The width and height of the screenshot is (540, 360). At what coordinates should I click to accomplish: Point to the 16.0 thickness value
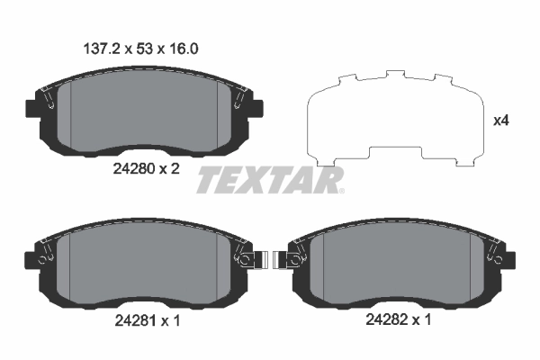(x=186, y=51)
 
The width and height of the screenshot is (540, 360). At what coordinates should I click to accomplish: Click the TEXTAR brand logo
(x=270, y=180)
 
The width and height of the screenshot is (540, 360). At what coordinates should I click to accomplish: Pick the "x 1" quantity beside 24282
(x=423, y=320)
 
